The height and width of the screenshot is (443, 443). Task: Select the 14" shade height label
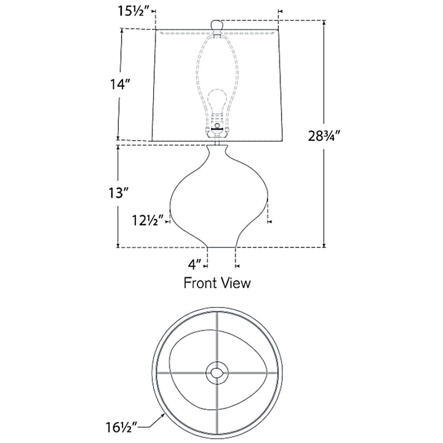[x=121, y=84]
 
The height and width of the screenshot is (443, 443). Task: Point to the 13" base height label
[x=119, y=193]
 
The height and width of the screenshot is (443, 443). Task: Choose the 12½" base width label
[x=148, y=220]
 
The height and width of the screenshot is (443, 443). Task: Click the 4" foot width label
[x=195, y=265]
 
